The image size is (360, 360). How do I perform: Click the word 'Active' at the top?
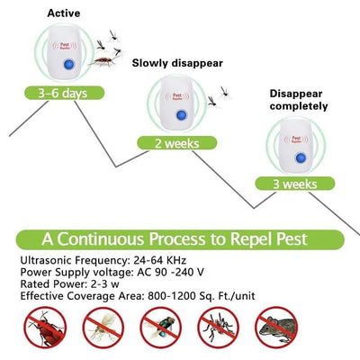tap(64, 13)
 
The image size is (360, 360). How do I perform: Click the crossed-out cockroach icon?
tap(40, 331)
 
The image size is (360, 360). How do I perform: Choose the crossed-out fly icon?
tap(157, 331)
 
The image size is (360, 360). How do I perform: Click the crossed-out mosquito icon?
tap(215, 331)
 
